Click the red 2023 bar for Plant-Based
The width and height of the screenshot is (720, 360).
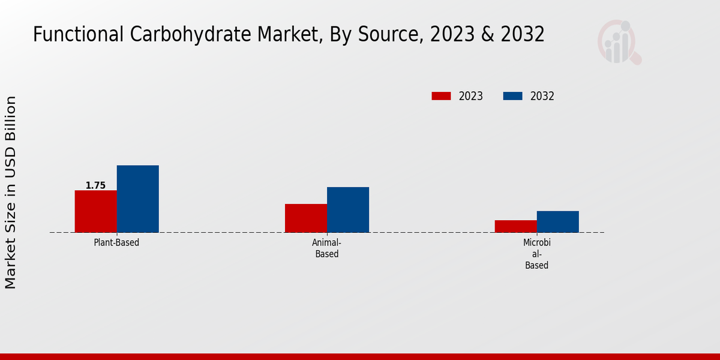[95, 211]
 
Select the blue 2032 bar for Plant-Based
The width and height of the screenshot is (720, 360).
[137, 199]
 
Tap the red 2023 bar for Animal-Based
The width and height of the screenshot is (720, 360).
[306, 218]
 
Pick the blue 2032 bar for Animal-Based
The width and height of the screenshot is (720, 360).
[348, 209]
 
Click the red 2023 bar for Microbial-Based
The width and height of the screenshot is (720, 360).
[515, 226]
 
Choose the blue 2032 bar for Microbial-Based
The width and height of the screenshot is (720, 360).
[557, 221]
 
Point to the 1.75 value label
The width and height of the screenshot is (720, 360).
[95, 185]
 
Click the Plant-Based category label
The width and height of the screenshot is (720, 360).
[116, 243]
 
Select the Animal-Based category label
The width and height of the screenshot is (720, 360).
[326, 248]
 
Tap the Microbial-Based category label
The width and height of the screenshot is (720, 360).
[536, 254]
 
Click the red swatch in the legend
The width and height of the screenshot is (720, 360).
[441, 96]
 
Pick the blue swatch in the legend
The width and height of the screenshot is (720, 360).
[512, 96]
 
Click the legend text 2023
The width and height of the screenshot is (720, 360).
[471, 96]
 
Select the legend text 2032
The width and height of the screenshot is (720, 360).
[542, 96]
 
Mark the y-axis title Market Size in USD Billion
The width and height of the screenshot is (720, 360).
[11, 192]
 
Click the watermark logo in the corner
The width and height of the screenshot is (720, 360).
[619, 42]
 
